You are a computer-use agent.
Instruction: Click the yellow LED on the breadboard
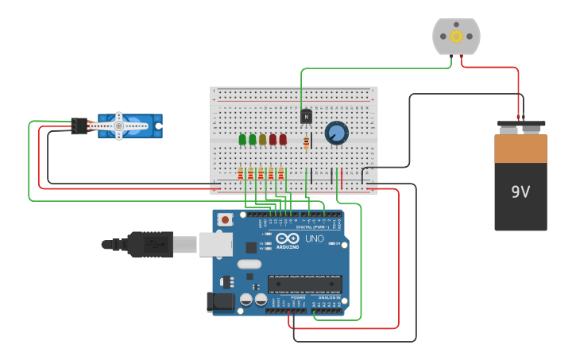click(x=262, y=139)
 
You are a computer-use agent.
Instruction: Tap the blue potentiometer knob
click(x=336, y=133)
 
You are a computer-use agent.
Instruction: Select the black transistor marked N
click(x=306, y=116)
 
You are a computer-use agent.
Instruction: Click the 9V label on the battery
click(x=520, y=192)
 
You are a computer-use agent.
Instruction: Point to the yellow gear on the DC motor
click(x=456, y=36)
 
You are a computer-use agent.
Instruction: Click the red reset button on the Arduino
click(x=225, y=219)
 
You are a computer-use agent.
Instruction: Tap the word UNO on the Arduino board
click(x=315, y=238)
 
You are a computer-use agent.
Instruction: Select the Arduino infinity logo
click(x=288, y=238)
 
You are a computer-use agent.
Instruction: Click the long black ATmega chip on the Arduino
click(x=305, y=284)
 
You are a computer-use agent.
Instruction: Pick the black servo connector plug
click(x=79, y=126)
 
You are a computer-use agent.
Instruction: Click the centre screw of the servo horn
click(x=118, y=126)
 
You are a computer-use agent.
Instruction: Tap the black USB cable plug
click(x=148, y=245)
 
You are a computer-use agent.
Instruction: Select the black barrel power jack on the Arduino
click(x=220, y=302)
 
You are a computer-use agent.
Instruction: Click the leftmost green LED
click(x=242, y=139)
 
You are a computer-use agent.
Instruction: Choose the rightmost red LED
click(x=283, y=139)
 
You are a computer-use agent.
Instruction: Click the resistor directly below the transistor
click(x=306, y=143)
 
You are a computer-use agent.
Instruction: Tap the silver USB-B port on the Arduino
click(x=215, y=244)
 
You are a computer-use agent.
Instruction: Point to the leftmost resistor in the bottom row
click(x=240, y=173)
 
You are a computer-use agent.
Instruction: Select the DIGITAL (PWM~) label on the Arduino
click(x=311, y=226)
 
